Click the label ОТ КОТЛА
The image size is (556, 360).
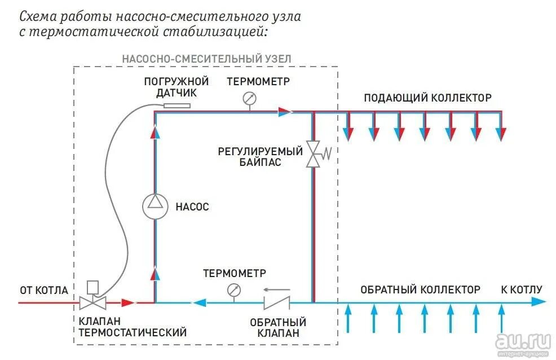click(x=44, y=291)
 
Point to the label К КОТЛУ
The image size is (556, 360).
click(x=521, y=290)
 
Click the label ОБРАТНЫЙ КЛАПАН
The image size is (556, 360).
click(x=278, y=328)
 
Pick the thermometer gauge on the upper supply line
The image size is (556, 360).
click(x=249, y=99)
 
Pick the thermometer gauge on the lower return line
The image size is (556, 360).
click(x=233, y=291)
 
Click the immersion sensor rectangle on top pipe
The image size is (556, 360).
click(x=176, y=106)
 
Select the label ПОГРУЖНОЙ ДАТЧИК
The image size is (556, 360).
click(x=176, y=87)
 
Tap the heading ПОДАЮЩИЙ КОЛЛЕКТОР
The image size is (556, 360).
click(x=427, y=98)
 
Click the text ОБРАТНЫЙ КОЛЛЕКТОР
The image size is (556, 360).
click(x=420, y=290)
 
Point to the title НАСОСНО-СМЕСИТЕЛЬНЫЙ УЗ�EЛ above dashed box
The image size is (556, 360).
click(x=206, y=59)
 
